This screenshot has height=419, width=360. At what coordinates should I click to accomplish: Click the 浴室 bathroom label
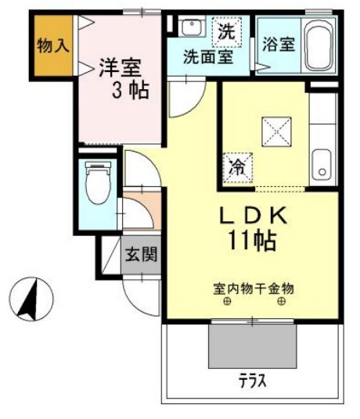pyautogui.click(x=279, y=43)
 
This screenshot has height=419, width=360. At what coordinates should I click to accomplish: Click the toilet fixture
pyautogui.click(x=96, y=184)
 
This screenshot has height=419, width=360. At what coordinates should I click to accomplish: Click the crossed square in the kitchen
pyautogui.click(x=276, y=131)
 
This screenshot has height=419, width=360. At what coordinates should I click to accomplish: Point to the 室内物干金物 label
pyautogui.click(x=254, y=288)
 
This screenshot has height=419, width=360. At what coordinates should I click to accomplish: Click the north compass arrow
pyautogui.click(x=29, y=299)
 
